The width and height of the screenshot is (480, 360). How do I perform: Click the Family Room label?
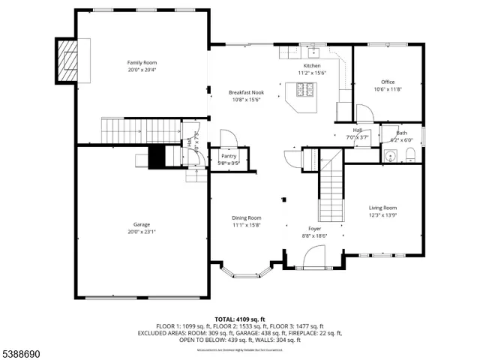tap(142, 62)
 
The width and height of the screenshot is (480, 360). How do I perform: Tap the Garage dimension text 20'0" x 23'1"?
tap(142, 232)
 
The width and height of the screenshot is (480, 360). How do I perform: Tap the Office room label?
tap(388, 82)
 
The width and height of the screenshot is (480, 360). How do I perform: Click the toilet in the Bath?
tap(410, 154)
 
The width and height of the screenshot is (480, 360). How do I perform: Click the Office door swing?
tap(364, 114)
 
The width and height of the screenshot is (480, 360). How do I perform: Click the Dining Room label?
tap(246, 217)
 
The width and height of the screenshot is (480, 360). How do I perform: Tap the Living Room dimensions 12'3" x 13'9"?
tap(382, 215)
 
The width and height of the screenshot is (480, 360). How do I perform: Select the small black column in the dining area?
tap(284, 199)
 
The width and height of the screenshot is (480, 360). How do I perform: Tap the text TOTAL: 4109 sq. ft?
tap(239, 319)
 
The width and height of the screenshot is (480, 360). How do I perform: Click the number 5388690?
tap(20, 352)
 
